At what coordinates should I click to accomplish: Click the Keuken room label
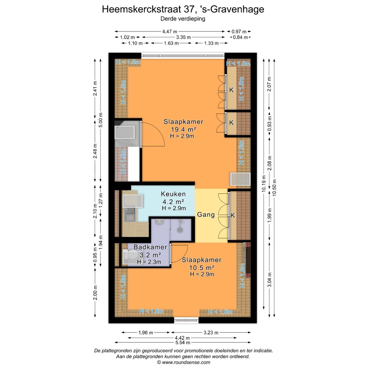173,194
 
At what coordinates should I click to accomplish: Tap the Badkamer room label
150,247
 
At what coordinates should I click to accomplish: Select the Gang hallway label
206,215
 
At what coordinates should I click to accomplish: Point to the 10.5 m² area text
202,267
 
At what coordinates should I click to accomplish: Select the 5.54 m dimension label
183,342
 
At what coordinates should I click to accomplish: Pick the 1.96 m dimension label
146,332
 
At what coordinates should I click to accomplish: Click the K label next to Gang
233,215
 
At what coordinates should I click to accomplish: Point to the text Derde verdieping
183,19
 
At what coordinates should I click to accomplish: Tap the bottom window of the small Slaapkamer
186,320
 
